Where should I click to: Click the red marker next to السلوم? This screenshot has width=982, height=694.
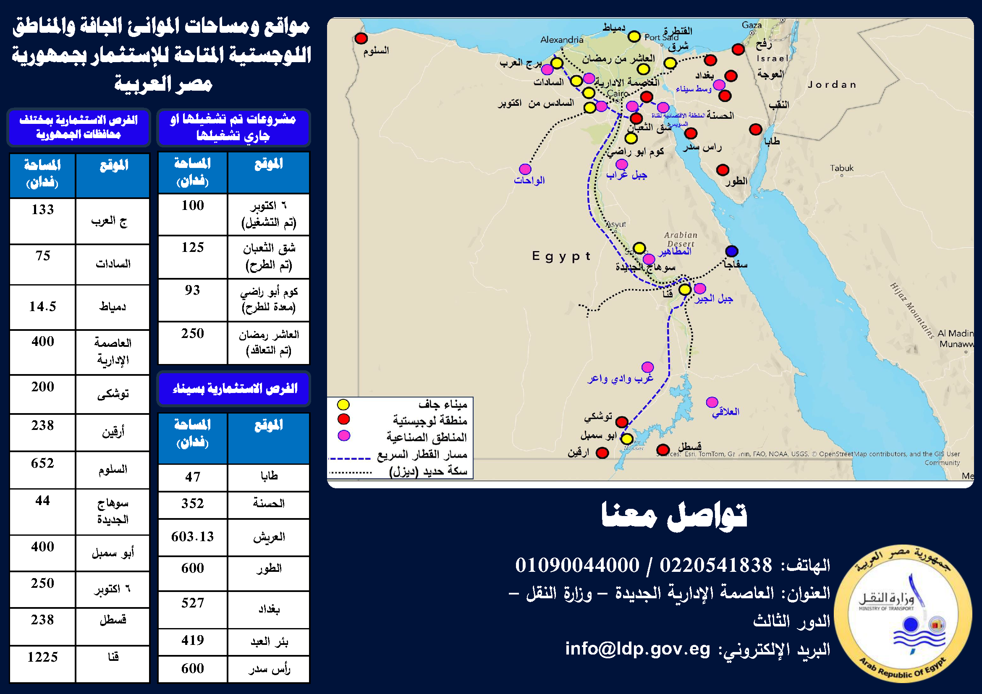click(x=361, y=39)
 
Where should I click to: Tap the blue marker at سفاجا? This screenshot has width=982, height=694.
click(x=732, y=251)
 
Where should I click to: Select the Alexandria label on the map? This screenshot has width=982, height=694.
click(x=562, y=40)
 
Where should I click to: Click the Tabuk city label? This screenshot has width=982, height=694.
click(x=841, y=168)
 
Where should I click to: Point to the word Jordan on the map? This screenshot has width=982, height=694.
click(x=832, y=85)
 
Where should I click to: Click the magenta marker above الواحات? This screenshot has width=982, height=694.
click(x=525, y=169)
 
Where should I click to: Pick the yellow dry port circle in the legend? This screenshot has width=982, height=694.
click(x=343, y=404)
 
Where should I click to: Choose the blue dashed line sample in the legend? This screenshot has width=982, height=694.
click(x=349, y=458)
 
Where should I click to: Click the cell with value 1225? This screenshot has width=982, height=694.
click(x=42, y=657)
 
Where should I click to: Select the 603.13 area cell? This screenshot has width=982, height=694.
click(x=192, y=537)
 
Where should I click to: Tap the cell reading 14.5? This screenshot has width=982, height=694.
click(x=42, y=306)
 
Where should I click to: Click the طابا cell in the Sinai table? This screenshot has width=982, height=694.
click(x=269, y=477)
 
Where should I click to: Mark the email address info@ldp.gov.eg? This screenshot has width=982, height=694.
click(x=637, y=649)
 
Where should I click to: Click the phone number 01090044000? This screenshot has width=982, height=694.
click(x=577, y=565)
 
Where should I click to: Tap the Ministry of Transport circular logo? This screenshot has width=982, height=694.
click(x=903, y=614)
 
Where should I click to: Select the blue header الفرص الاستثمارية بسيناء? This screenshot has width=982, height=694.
click(x=234, y=389)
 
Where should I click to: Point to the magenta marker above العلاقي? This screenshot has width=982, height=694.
click(x=712, y=402)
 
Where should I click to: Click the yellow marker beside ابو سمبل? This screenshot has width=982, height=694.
click(x=627, y=439)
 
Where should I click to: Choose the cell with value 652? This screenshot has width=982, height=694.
click(x=42, y=463)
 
